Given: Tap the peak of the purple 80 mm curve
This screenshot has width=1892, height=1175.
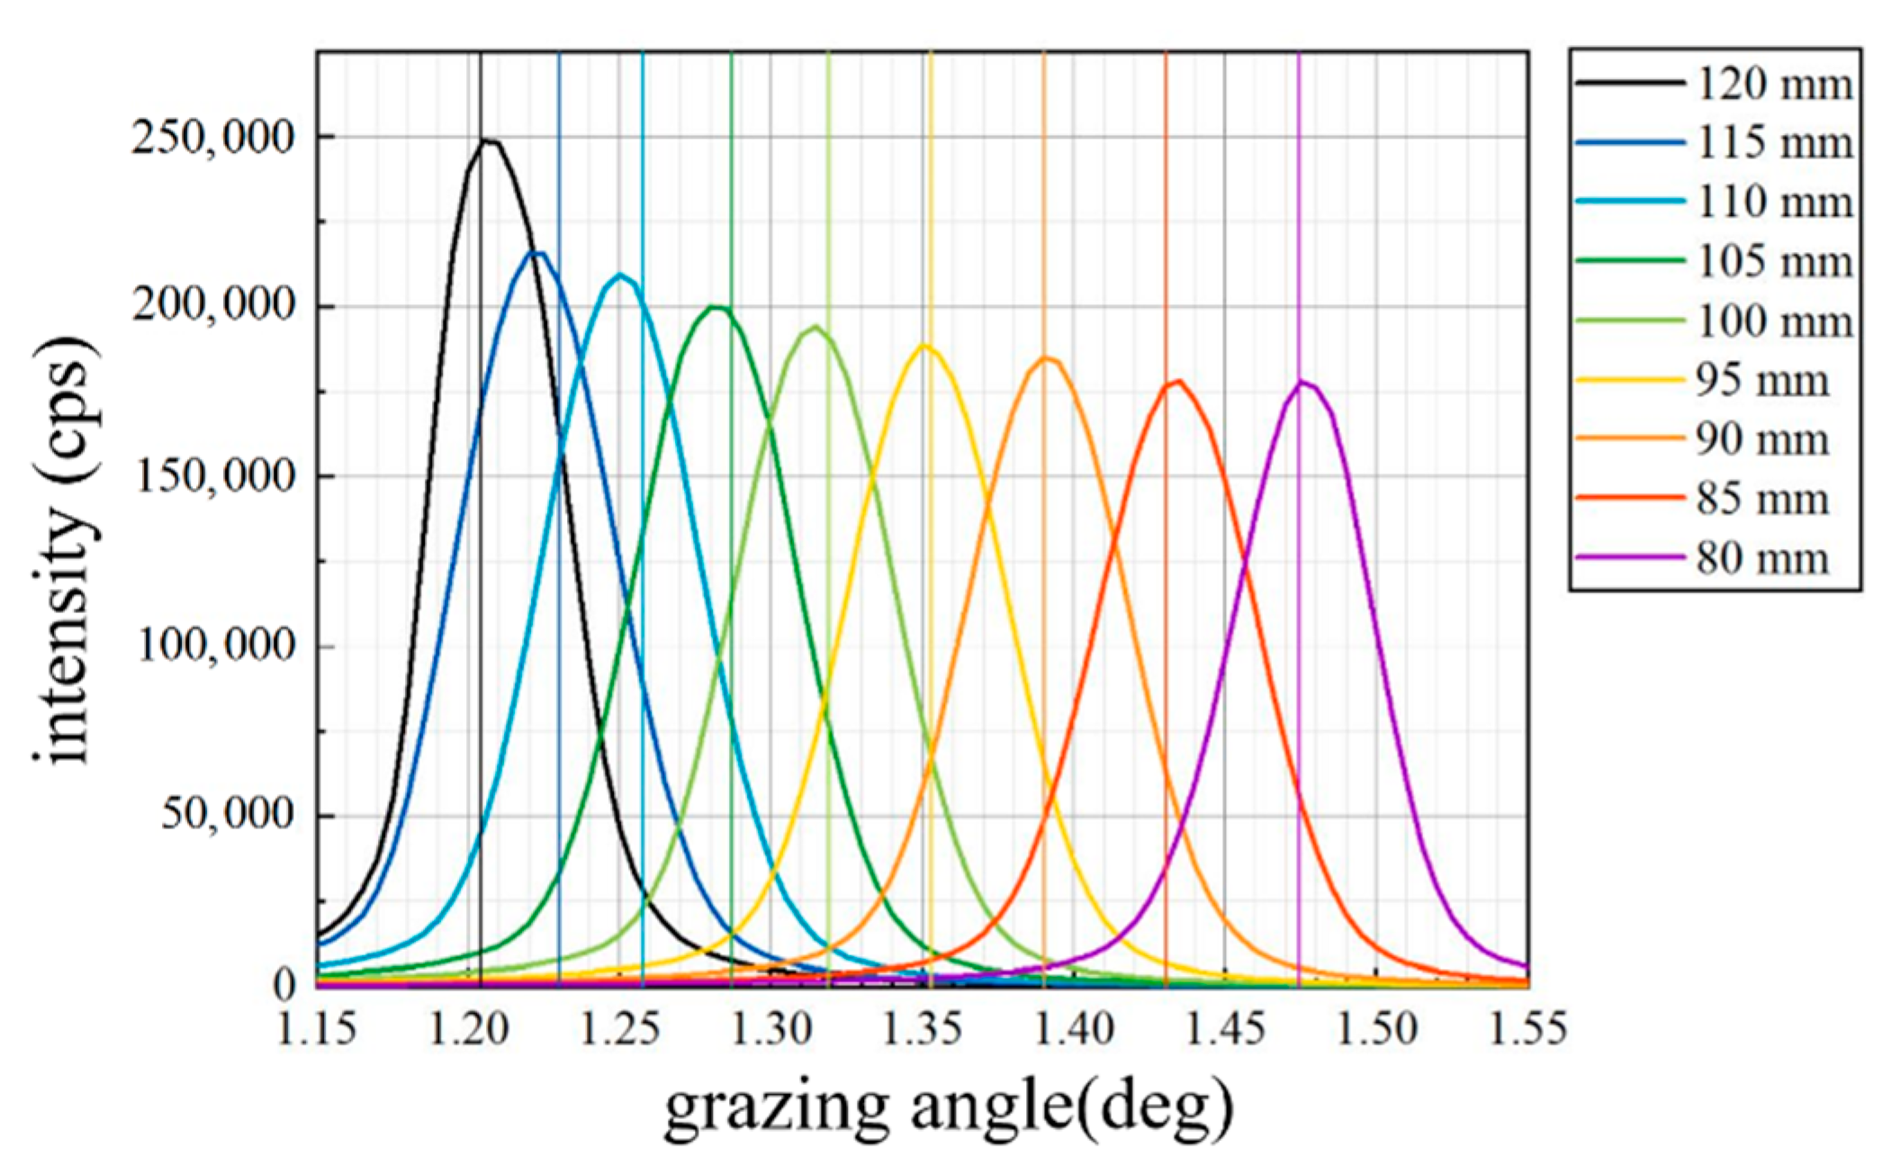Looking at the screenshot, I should tap(1302, 382).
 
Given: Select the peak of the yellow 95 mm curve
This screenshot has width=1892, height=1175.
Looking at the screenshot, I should tap(924, 346).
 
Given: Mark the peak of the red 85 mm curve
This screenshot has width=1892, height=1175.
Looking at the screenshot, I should tap(1176, 381).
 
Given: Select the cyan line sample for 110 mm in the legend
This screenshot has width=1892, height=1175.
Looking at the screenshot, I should tap(1629, 202).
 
